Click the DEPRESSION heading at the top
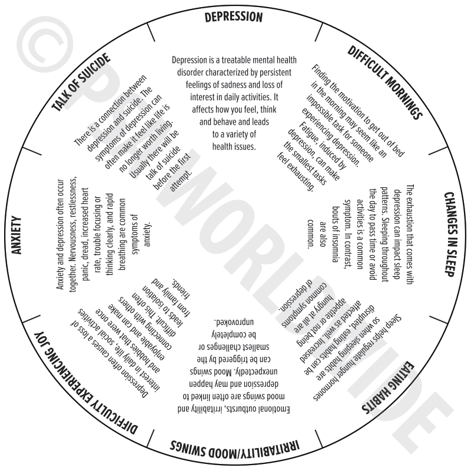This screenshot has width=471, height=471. pos(234,17)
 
